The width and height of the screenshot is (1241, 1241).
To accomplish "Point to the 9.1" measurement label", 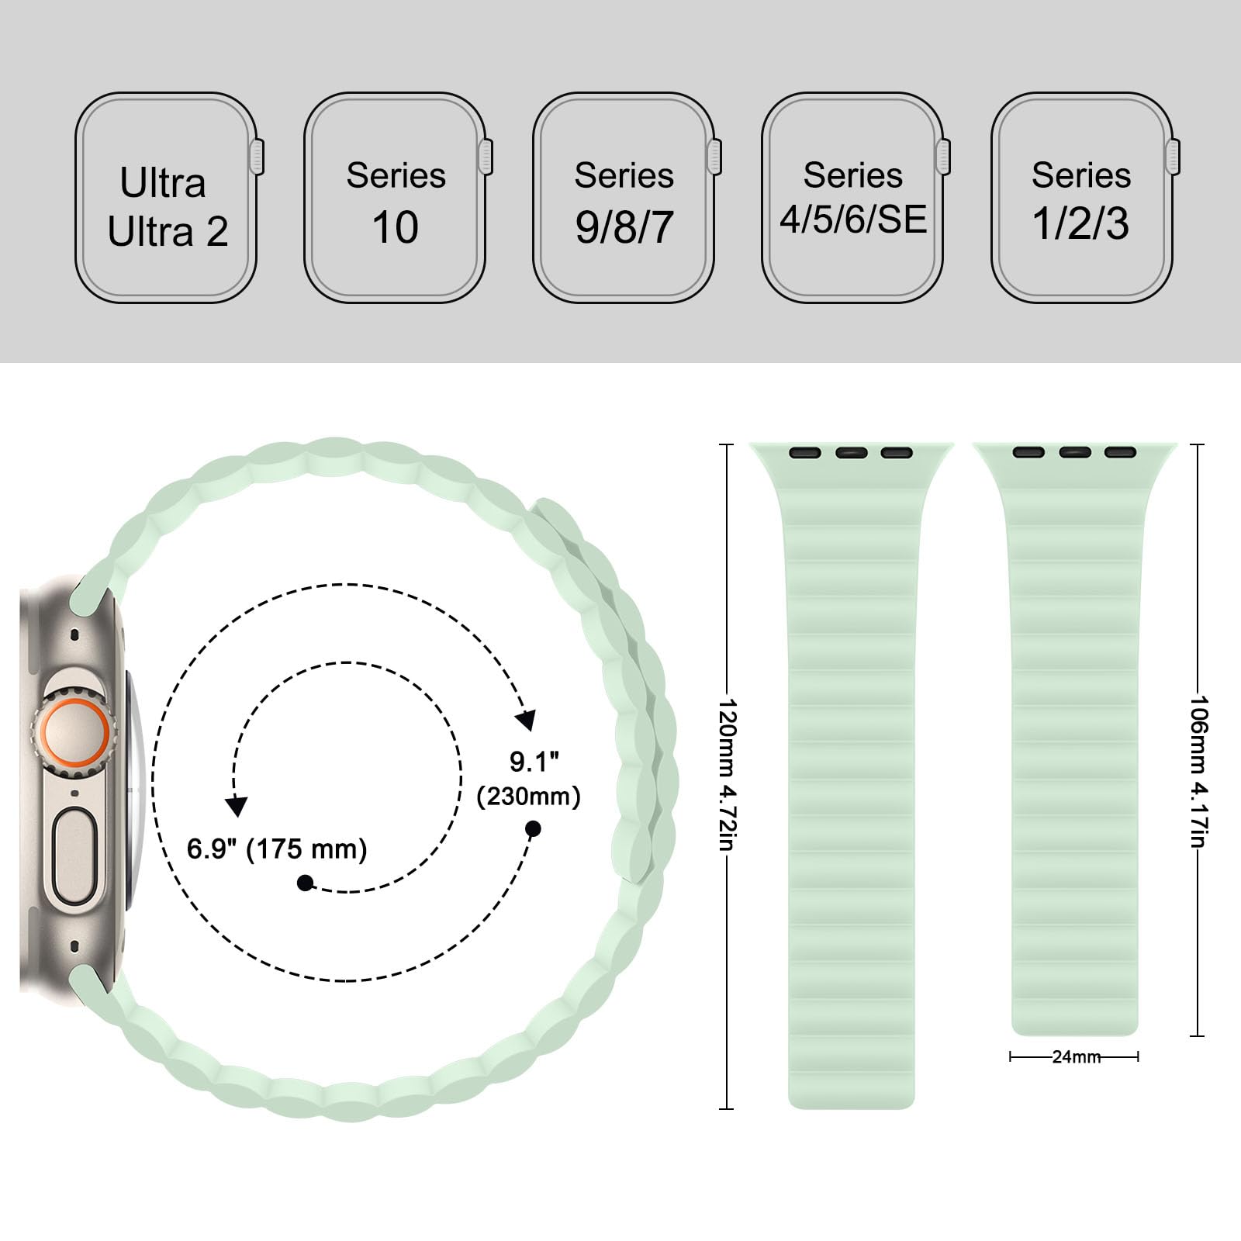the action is tap(534, 762).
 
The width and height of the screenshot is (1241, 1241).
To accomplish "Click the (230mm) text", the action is tap(529, 797).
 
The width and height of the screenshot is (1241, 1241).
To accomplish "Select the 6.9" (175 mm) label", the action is tap(277, 849).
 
